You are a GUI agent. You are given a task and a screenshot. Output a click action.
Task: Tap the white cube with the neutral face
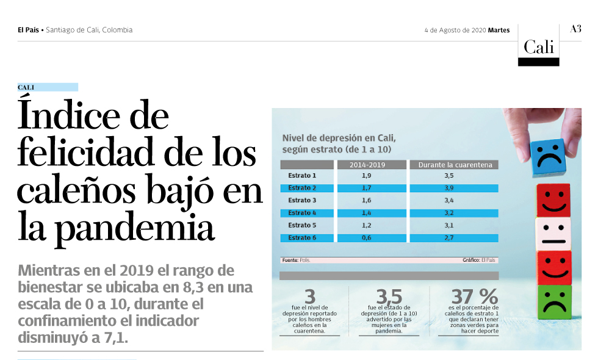(x=553, y=235)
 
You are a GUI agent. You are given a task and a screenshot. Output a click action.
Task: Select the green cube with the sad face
(x=555, y=302)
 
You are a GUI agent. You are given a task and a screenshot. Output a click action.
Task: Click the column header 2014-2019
(x=370, y=165)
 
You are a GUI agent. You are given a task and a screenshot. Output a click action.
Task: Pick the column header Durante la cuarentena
(x=454, y=165)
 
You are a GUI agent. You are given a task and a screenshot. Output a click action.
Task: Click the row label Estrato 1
(x=302, y=176)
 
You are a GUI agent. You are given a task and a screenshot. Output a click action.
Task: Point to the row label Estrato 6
(x=302, y=237)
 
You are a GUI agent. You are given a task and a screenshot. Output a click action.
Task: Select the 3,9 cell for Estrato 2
(x=449, y=188)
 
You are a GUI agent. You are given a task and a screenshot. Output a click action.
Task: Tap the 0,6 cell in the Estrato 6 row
(x=367, y=237)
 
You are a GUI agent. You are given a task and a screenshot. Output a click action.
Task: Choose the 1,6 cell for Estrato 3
(x=367, y=200)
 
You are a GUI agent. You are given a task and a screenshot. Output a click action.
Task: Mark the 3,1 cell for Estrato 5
(x=449, y=225)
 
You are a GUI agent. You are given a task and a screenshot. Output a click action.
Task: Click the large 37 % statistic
(x=474, y=297)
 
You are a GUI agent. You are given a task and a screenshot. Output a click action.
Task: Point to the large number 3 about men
(x=310, y=297)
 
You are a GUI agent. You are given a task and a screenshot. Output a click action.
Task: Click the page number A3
(x=575, y=29)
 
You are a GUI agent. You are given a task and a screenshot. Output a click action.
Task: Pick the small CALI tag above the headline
(x=26, y=87)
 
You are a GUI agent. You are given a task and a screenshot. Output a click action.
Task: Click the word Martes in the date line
(x=499, y=30)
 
